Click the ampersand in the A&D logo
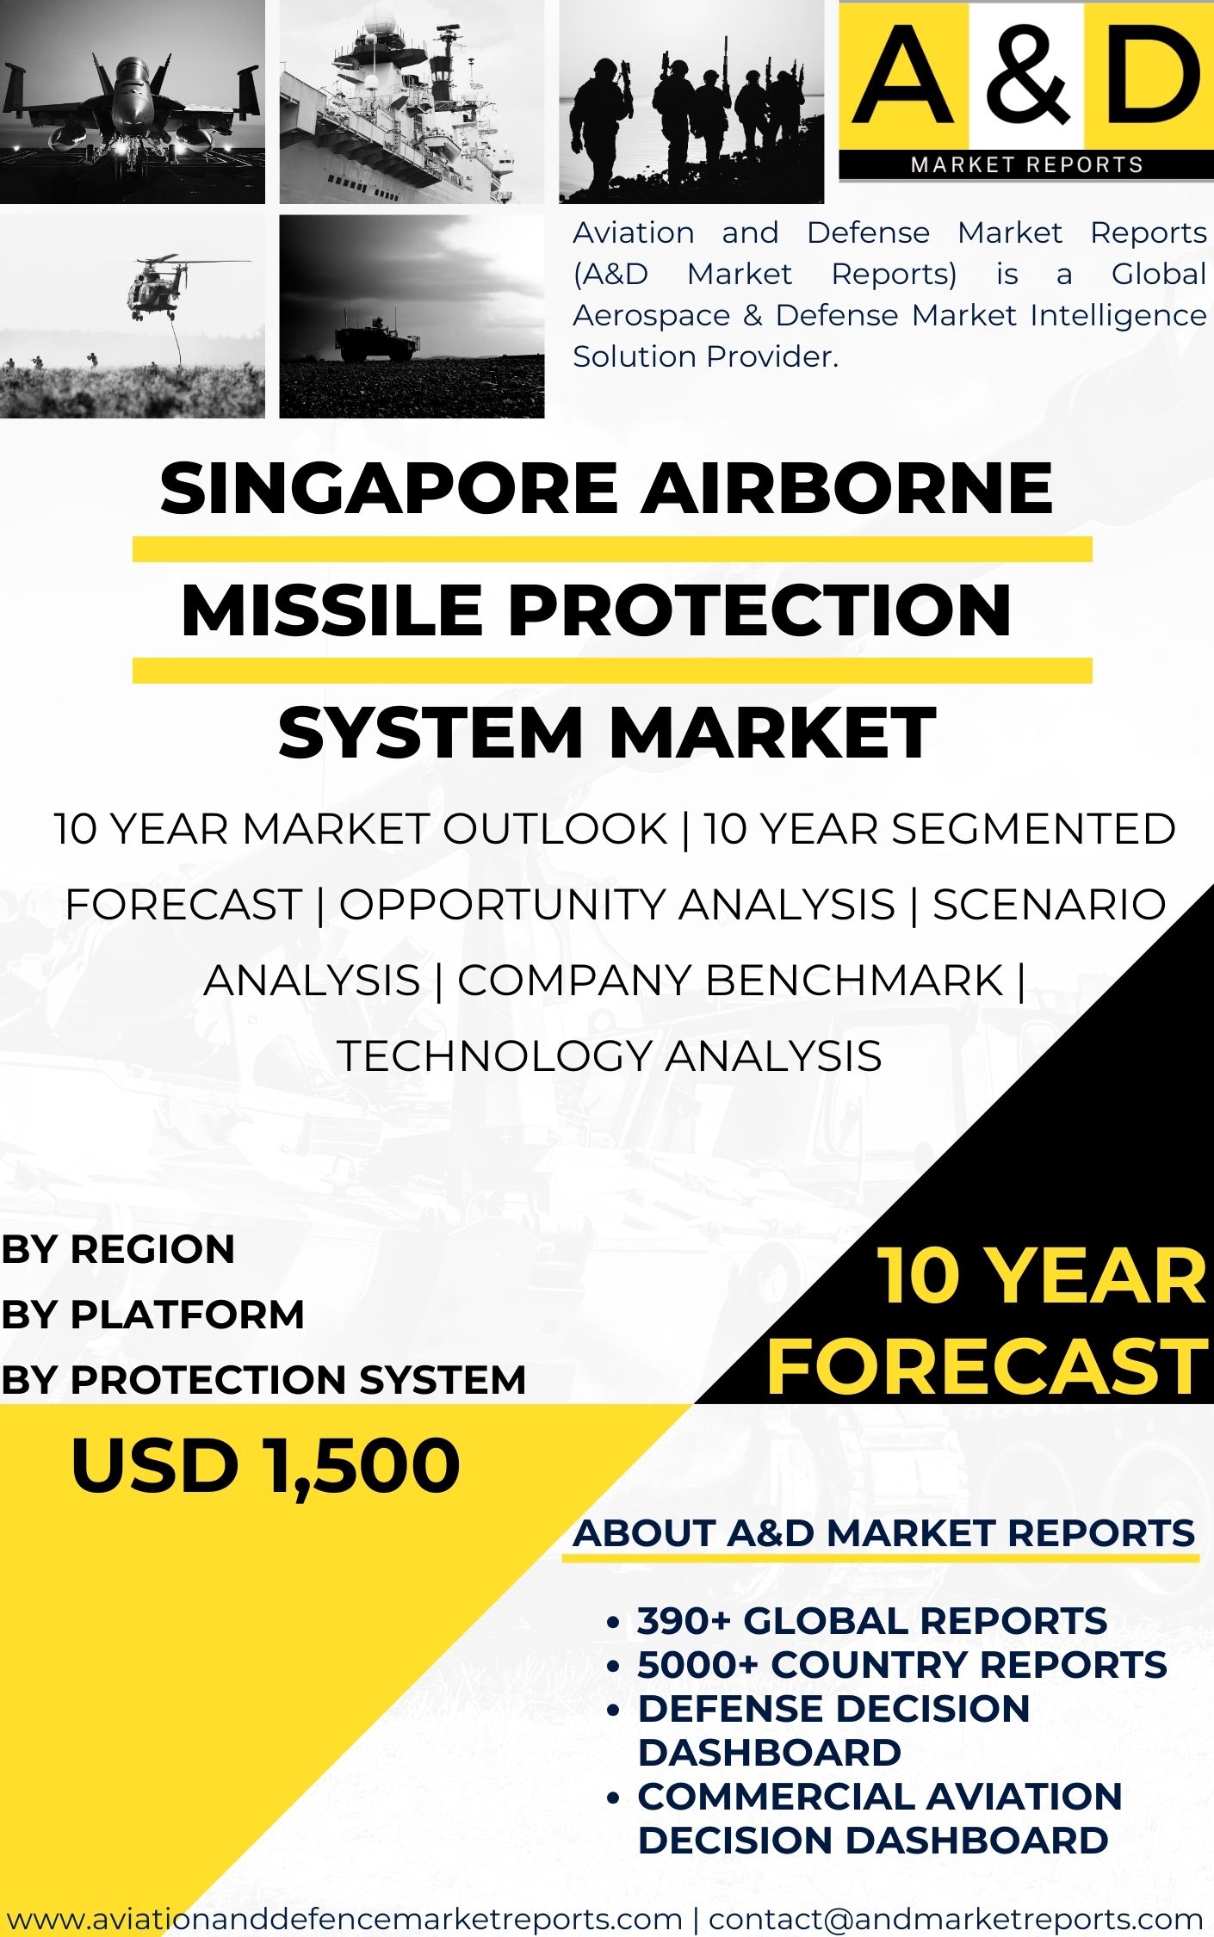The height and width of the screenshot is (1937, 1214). pyautogui.click(x=1026, y=76)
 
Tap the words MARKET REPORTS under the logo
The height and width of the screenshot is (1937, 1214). pyautogui.click(x=1026, y=164)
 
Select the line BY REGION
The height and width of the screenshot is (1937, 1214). pyautogui.click(x=118, y=1249)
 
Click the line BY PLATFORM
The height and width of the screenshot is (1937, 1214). pyautogui.click(x=152, y=1315)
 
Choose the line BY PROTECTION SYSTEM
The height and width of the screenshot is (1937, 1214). pyautogui.click(x=263, y=1380)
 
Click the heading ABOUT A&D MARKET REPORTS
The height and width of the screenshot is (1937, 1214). pyautogui.click(x=883, y=1533)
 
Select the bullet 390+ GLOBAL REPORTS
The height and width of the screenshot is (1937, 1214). pyautogui.click(x=871, y=1621)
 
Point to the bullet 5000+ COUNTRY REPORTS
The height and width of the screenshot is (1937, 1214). pyautogui.click(x=901, y=1665)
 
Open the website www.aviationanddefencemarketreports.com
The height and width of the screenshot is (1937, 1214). pyautogui.click(x=344, y=1919)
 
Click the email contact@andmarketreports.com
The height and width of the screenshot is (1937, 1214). pyautogui.click(x=956, y=1919)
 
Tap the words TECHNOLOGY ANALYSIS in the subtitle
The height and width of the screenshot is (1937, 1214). pyautogui.click(x=609, y=1056)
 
